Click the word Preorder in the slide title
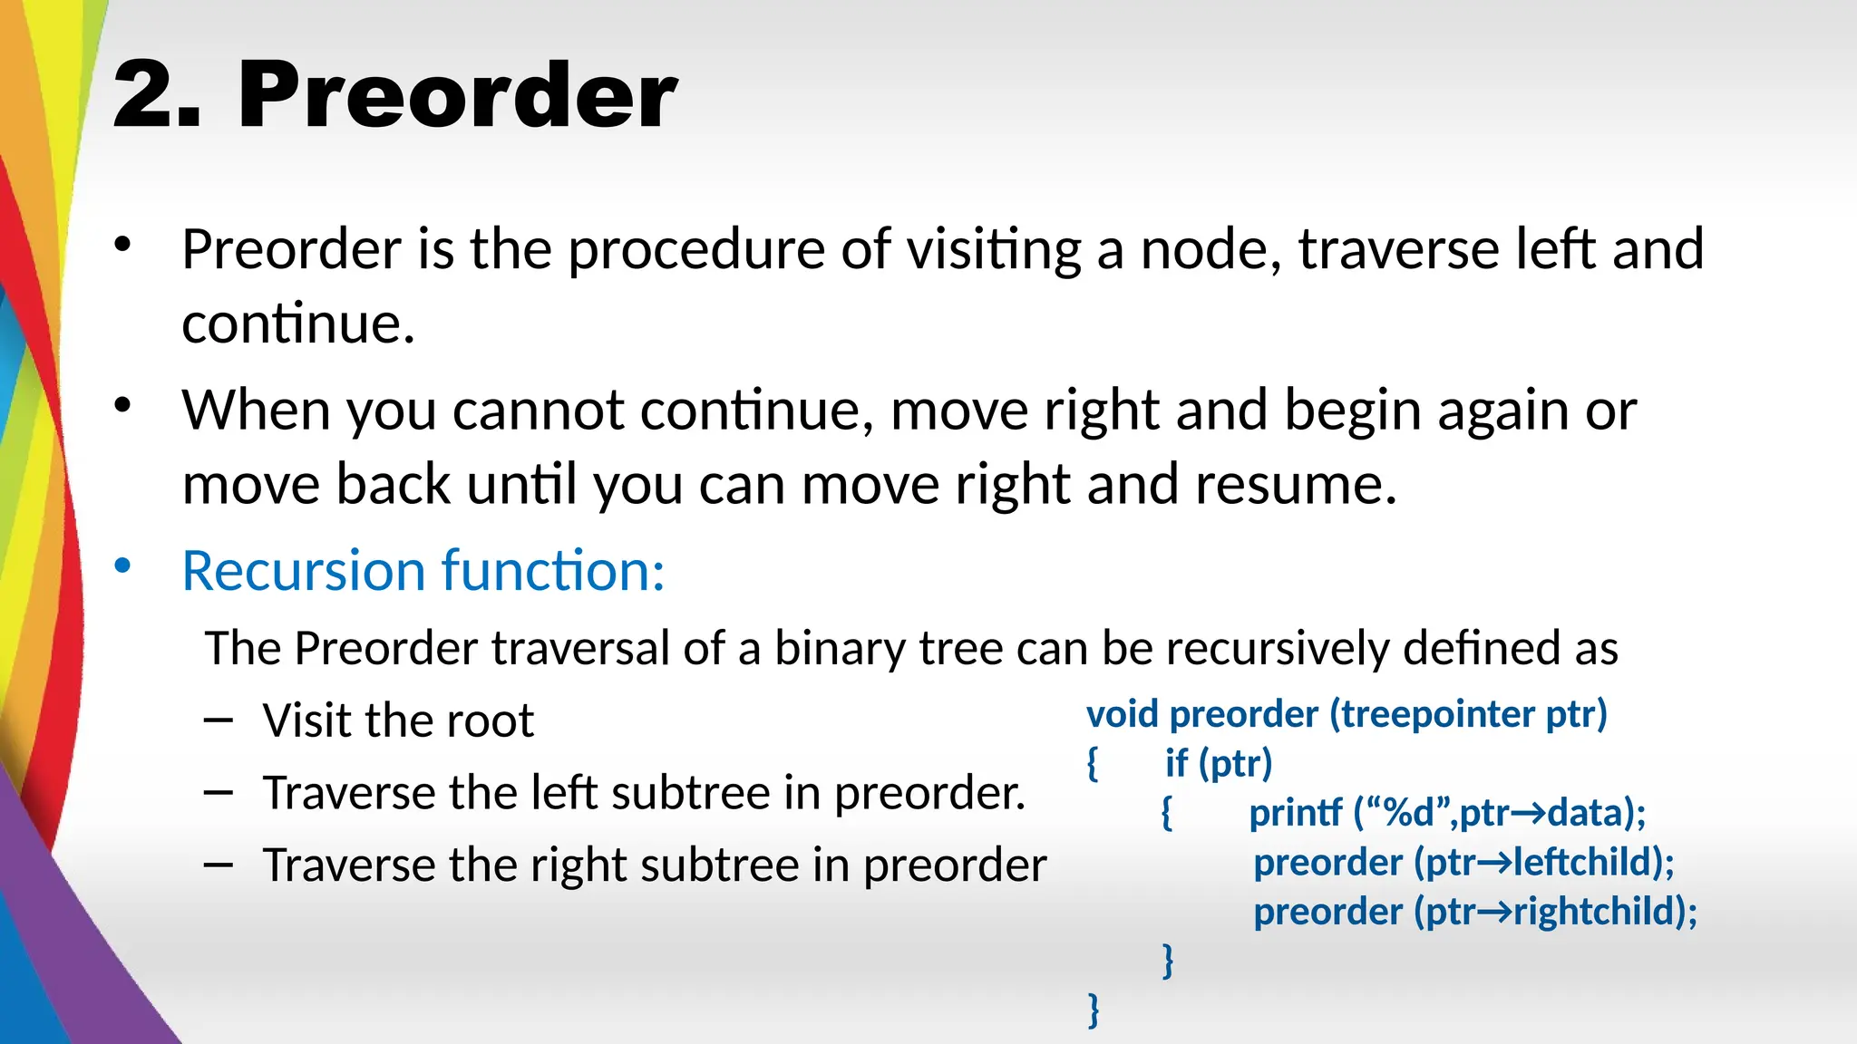[457, 95]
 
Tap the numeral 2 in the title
[145, 95]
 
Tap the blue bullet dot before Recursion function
[122, 567]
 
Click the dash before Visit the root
[219, 720]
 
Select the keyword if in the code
[1176, 764]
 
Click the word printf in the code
[1295, 813]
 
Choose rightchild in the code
[1596, 912]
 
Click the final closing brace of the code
[1094, 1010]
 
